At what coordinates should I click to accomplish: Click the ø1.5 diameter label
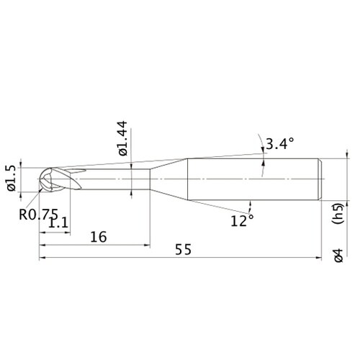coord(12,178)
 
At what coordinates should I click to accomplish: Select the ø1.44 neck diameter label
coord(123,138)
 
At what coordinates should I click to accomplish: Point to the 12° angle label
coord(242,221)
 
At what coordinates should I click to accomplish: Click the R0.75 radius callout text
coord(38,214)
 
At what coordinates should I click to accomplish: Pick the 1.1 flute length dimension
coord(58,224)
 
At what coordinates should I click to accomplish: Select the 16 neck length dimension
coord(99,237)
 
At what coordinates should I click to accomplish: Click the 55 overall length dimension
coord(184,249)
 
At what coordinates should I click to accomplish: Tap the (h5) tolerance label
coord(338,214)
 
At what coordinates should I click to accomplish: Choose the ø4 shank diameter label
coord(338,256)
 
